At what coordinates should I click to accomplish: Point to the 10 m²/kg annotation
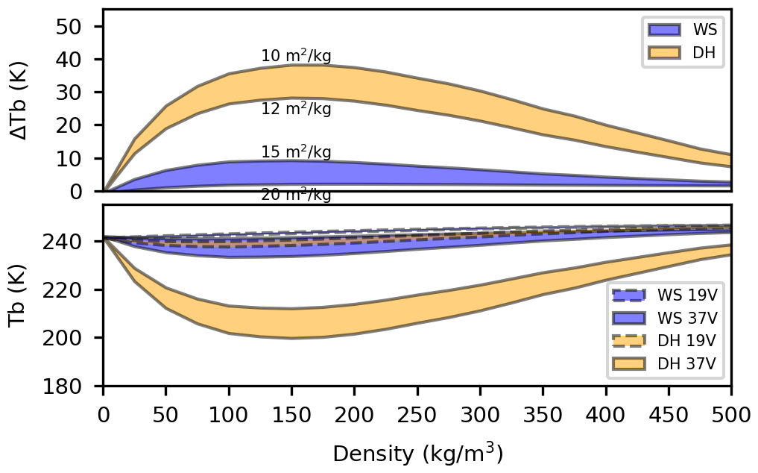coord(296,56)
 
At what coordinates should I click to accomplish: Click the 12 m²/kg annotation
coord(296,110)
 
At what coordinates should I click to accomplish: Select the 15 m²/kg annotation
coord(296,152)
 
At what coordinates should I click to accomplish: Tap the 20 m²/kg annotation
coord(296,195)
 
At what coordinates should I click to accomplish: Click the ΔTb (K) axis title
coord(20,100)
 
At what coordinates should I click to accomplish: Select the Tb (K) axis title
coord(20,295)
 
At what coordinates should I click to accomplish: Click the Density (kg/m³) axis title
coord(417,453)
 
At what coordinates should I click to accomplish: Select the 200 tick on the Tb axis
coord(75,338)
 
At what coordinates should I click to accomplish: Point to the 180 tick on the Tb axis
coord(75,386)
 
